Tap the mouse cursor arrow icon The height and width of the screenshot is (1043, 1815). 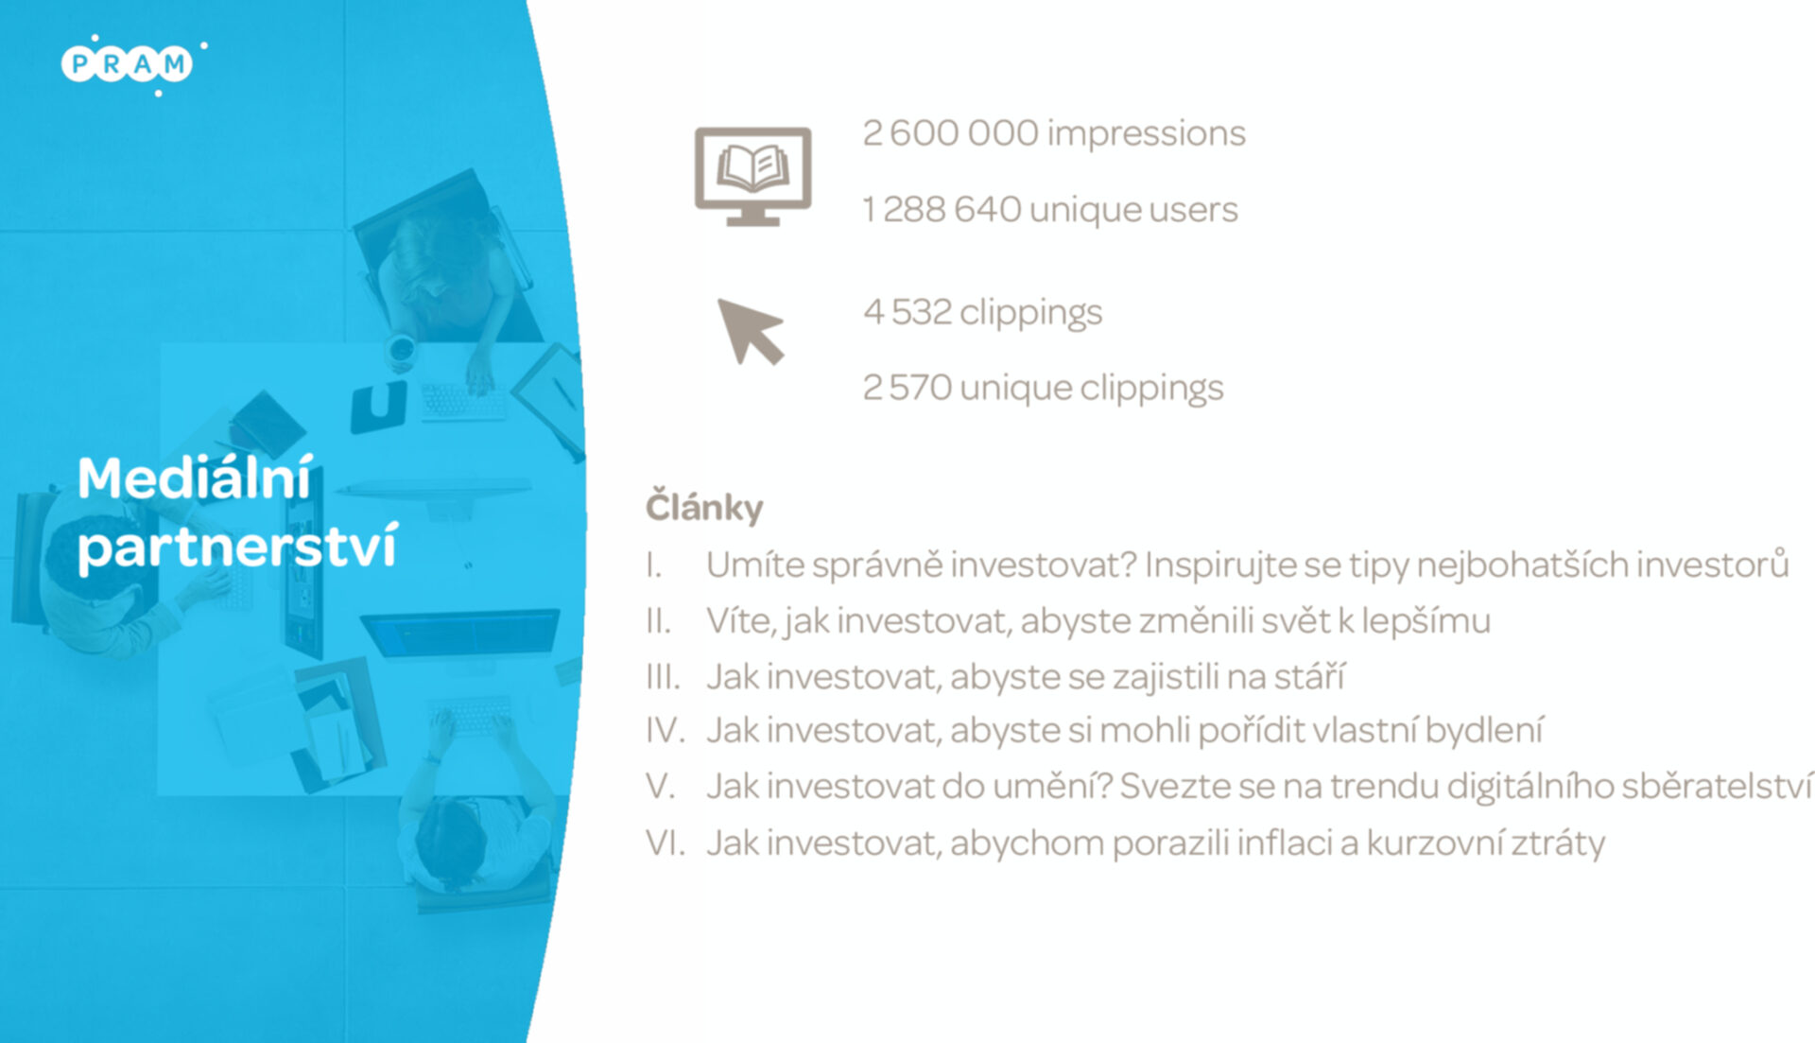751,332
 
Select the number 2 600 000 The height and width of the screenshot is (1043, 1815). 950,133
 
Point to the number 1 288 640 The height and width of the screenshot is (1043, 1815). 942,209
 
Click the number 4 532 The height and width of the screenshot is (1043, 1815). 907,312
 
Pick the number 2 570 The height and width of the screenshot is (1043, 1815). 907,388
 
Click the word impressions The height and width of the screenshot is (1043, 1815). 1147,134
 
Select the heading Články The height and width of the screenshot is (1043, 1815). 704,506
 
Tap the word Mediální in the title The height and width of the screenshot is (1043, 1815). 195,478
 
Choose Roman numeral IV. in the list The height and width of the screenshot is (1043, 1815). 665,730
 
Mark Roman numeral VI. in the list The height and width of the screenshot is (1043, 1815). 665,843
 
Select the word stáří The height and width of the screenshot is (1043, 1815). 1309,676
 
